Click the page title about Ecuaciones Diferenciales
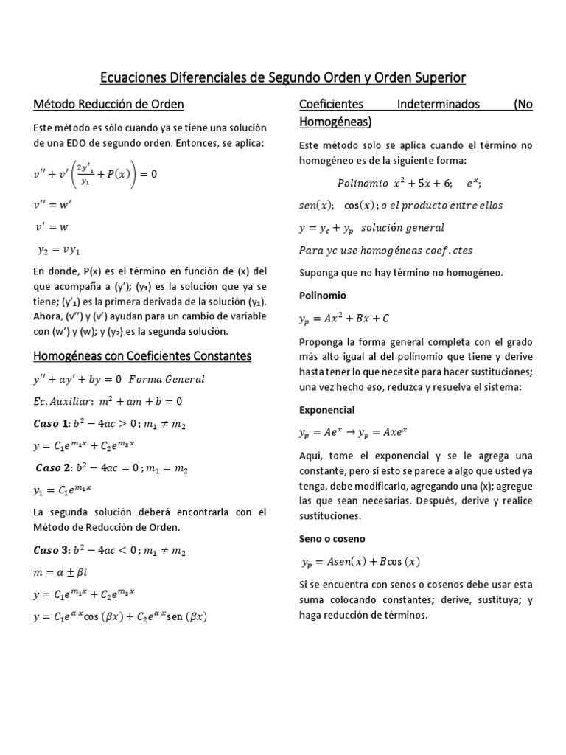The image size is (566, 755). (283, 77)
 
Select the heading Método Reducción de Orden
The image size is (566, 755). (108, 104)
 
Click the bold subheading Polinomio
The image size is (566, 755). (322, 295)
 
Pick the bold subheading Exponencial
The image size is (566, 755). (326, 409)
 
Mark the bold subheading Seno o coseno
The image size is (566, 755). (332, 538)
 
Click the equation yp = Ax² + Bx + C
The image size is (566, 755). (344, 319)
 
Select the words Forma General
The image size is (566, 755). (167, 379)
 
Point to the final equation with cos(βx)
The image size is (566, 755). (120, 616)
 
